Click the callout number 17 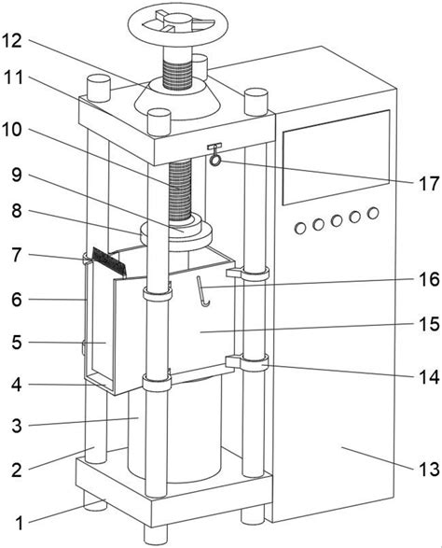[428, 184]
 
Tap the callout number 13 [428, 469]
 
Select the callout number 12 [12, 41]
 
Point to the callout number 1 [20, 523]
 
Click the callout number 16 [429, 279]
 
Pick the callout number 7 [17, 255]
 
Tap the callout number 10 [12, 130]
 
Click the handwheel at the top [178, 24]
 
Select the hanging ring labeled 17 [215, 161]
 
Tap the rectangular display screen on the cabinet [336, 157]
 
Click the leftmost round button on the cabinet [300, 228]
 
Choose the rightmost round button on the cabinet [373, 213]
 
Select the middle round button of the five [337, 220]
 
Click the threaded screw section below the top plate [180, 190]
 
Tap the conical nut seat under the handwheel [177, 99]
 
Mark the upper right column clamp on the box [247, 273]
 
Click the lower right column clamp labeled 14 [247, 363]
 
